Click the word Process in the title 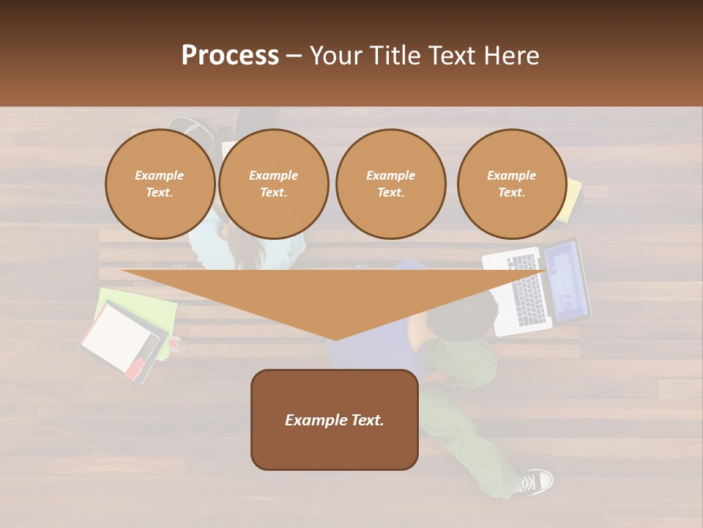coord(230,56)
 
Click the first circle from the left coord(160,184)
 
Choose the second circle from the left coord(273,184)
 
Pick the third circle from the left coord(390,184)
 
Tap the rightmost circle coord(511,184)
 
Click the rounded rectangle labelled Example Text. coord(334,419)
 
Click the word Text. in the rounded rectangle coord(365,420)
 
